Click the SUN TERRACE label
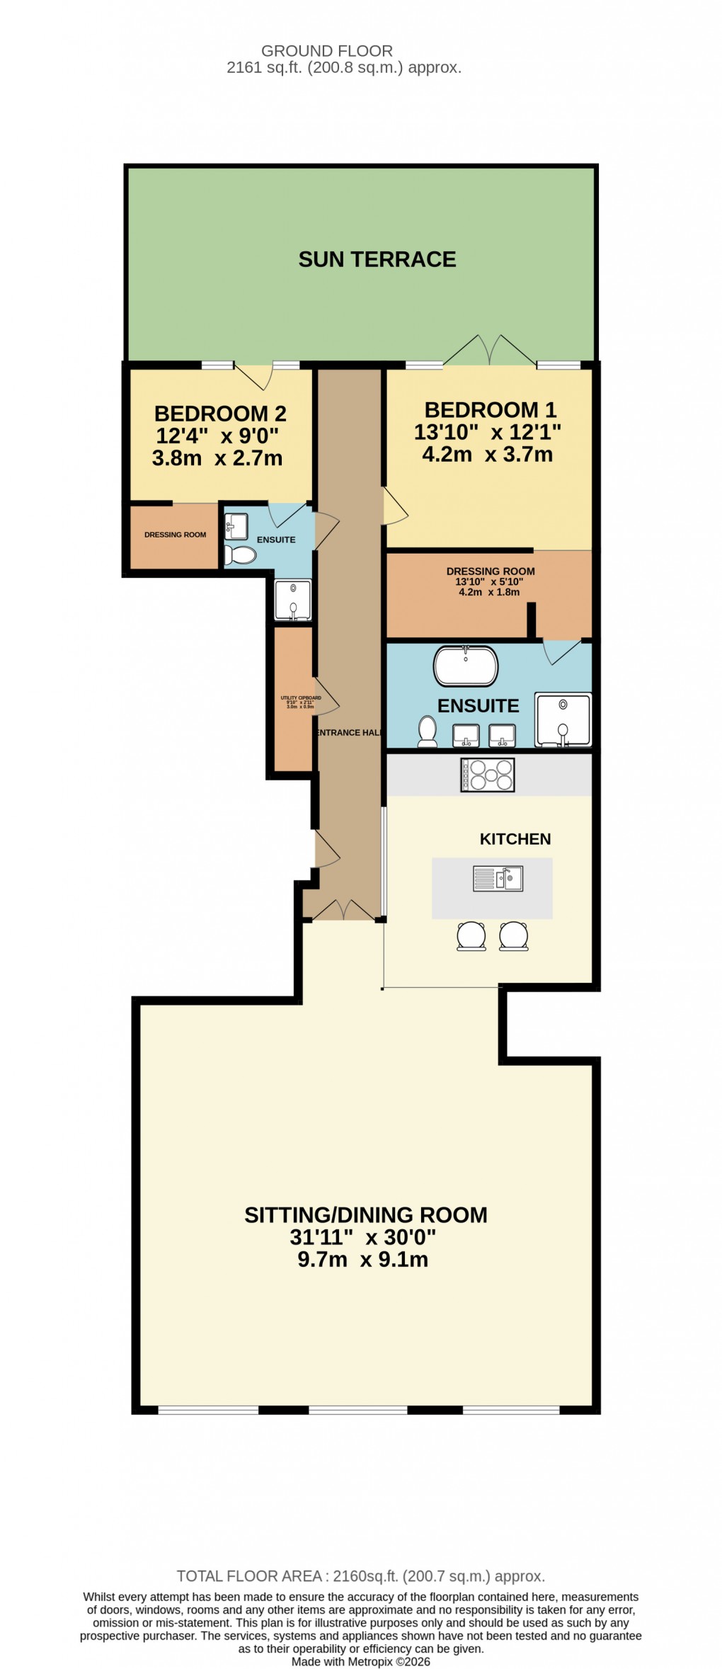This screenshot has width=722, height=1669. coord(377,260)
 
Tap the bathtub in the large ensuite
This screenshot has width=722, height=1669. coord(465,666)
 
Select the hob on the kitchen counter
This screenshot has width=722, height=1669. coord(487,774)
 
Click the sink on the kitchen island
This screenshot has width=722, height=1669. coord(498,879)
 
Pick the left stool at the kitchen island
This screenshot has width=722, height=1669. coord(471,935)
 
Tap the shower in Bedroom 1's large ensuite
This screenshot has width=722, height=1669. coord(562,719)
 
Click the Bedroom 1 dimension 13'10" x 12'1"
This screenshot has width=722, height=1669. coord(487,432)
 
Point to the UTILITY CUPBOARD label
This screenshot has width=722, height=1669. coord(301,702)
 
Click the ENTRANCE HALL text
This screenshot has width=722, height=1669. coord(349,733)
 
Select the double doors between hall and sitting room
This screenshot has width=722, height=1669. coord(343,911)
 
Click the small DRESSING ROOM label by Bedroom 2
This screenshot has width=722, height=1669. coord(175,535)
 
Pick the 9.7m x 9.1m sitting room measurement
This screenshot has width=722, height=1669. coord(362,1260)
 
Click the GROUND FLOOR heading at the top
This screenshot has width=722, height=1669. coord(326,51)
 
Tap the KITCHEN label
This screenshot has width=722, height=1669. coord(515,839)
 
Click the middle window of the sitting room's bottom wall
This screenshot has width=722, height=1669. coord(358,1410)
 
